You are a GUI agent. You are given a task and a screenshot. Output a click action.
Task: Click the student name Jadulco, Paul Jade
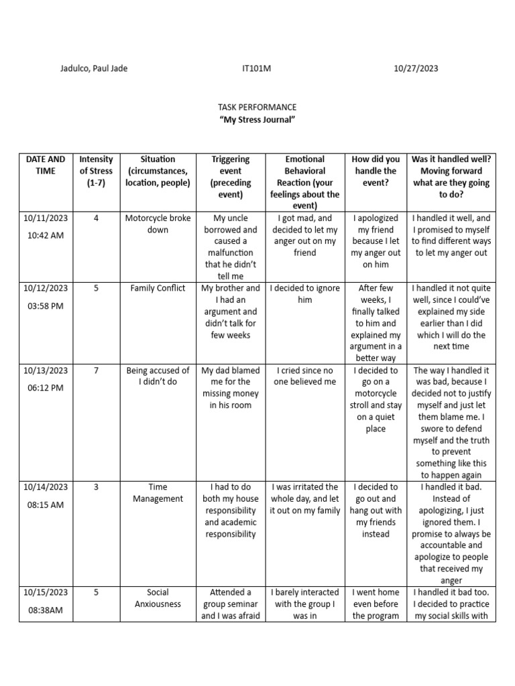pos(94,68)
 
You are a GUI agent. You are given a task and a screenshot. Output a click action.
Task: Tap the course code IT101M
pos(257,68)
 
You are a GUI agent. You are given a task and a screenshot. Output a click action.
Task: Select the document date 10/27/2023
pos(416,68)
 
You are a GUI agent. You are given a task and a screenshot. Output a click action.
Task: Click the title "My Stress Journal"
pos(257,119)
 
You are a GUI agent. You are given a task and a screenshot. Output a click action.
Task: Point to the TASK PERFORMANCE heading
pos(257,107)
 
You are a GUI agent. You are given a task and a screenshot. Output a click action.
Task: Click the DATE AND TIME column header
pos(46,165)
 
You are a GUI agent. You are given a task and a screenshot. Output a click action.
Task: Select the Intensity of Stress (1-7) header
pos(96,171)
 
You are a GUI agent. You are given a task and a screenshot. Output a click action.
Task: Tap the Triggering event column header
pos(230,177)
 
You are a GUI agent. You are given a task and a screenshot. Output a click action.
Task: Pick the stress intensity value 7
pos(96,370)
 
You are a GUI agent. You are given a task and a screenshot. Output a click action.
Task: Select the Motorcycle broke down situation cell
pos(158,224)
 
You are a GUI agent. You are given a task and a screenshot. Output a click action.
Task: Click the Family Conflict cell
pos(158,288)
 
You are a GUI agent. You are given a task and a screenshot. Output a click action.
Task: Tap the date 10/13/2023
pos(46,370)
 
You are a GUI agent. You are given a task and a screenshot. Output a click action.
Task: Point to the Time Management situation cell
pos(158,492)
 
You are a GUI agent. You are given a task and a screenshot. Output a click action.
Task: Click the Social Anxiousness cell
pos(158,598)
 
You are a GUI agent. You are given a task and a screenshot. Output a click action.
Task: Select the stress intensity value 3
pos(96,487)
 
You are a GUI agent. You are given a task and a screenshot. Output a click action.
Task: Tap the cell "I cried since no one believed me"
pos(304,376)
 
